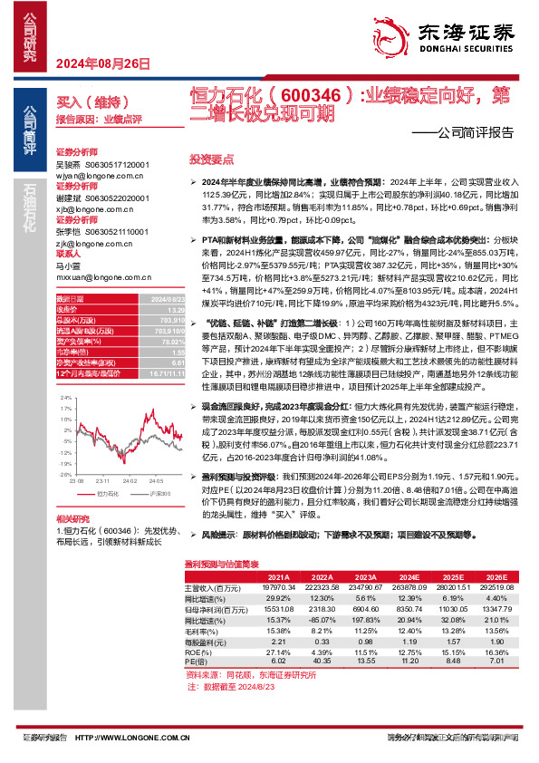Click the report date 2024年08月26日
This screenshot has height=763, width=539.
click(x=96, y=63)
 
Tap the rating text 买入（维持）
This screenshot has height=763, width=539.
click(x=82, y=103)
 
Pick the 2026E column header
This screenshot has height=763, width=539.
click(x=496, y=575)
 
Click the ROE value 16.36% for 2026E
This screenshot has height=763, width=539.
click(x=496, y=652)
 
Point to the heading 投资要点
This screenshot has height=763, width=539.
click(x=211, y=158)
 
